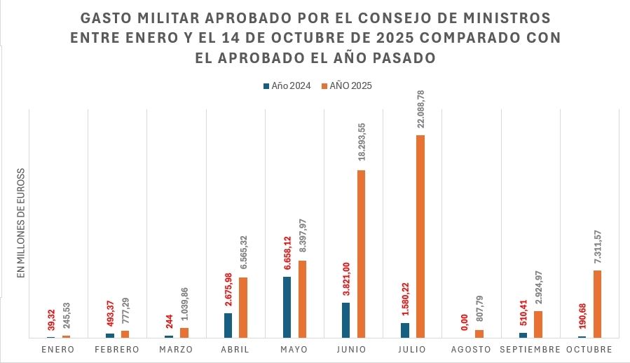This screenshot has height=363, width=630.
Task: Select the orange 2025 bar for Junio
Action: (x=362, y=254)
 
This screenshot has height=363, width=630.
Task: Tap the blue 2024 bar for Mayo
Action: (x=287, y=307)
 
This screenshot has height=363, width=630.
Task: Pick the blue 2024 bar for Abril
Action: (x=228, y=325)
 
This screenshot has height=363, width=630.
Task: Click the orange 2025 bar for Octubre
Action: (x=598, y=303)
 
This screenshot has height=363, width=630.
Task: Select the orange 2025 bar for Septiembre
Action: (x=538, y=324)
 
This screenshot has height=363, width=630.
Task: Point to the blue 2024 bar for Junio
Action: (x=346, y=320)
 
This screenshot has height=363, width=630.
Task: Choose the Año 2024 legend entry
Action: (x=287, y=86)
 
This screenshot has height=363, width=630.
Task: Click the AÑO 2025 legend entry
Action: (x=346, y=86)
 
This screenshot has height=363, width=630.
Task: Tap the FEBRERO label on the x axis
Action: (x=117, y=349)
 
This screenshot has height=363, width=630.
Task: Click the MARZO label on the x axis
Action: (x=176, y=349)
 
